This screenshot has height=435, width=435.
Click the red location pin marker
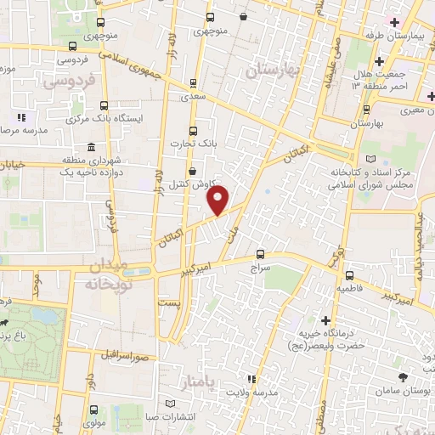click(218, 201)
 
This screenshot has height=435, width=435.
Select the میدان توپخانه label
click(108, 273)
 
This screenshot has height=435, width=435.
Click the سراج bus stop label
click(259, 267)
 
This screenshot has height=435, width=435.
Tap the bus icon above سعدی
click(193, 83)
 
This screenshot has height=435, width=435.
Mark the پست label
click(172, 303)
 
